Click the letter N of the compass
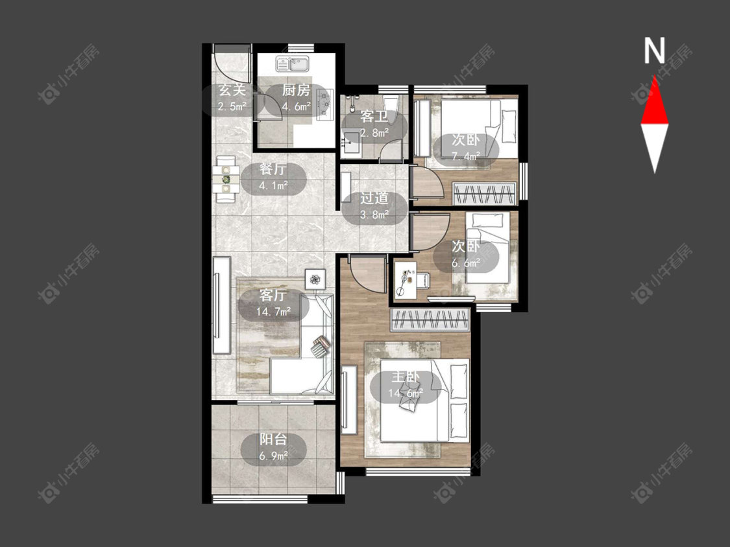pyautogui.click(x=654, y=51)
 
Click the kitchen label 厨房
pyautogui.click(x=296, y=90)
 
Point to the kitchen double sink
pyautogui.click(x=293, y=64)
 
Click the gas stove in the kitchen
pyautogui.click(x=324, y=104)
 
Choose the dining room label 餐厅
pyautogui.click(x=273, y=169)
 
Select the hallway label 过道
pyautogui.click(x=374, y=198)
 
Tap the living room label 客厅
pyautogui.click(x=273, y=295)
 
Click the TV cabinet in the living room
pyautogui.click(x=222, y=305)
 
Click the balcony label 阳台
pyautogui.click(x=273, y=439)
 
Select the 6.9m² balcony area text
pyautogui.click(x=273, y=456)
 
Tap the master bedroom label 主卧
pyautogui.click(x=406, y=377)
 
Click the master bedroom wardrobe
pyautogui.click(x=430, y=320)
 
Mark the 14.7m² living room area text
pyautogui.click(x=274, y=312)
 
